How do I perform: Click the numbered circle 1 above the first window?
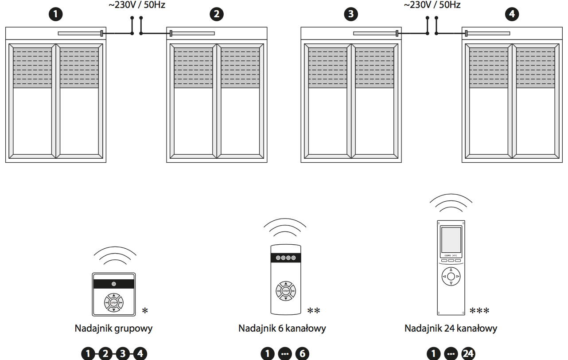(55, 14)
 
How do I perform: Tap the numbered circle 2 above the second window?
(216, 14)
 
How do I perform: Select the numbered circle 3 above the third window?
(351, 14)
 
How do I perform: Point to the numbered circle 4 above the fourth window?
(512, 14)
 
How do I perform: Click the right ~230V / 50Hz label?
(432, 6)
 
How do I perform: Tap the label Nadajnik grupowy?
(114, 329)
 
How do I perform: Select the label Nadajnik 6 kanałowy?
(282, 329)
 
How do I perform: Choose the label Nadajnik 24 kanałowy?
(451, 329)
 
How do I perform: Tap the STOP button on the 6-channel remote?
(286, 291)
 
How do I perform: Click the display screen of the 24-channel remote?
(451, 239)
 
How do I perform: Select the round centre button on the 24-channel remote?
(451, 276)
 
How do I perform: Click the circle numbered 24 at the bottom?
(468, 354)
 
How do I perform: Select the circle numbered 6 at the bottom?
(302, 354)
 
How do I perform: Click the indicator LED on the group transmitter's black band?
(114, 284)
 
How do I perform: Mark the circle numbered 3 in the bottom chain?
(123, 354)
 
